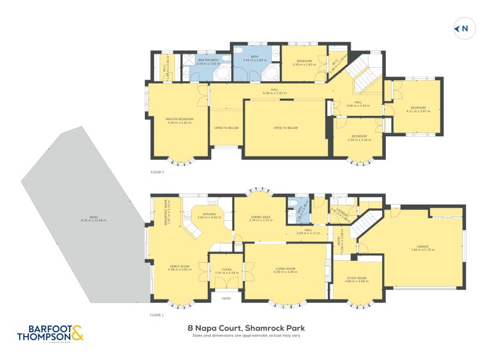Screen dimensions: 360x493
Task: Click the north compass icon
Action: pos(463,28)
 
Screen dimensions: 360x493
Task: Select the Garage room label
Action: pos(423,247)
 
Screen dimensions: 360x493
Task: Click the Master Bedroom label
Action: pos(179,121)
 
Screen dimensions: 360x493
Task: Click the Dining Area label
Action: pos(260,218)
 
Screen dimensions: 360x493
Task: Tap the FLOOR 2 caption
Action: pos(157,172)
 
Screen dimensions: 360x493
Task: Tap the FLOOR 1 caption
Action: pos(157,315)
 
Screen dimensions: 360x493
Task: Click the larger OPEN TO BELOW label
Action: pos(285,128)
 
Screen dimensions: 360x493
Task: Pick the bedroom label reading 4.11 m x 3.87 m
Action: pos(416,110)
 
